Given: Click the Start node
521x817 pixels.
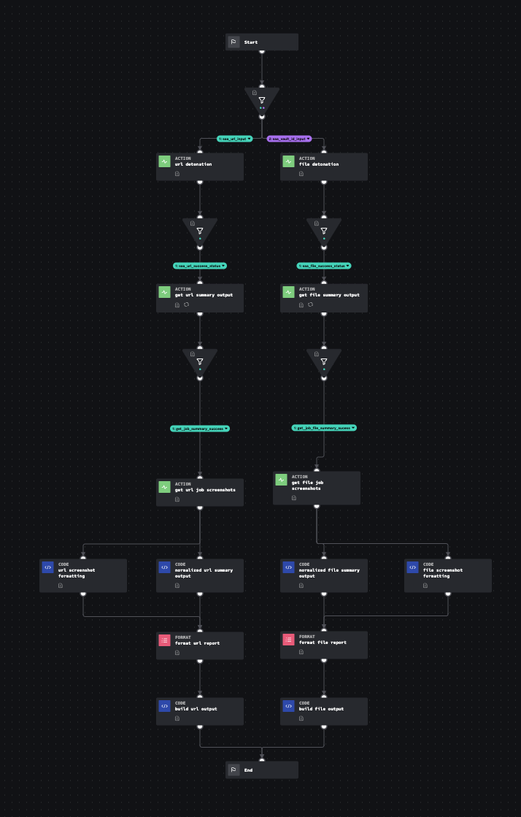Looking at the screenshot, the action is pyautogui.click(x=261, y=42).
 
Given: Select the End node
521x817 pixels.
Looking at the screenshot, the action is pyautogui.click(x=261, y=770).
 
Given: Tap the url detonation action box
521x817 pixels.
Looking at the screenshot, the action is pyautogui.click(x=199, y=167).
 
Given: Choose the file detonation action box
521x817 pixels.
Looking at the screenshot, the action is pyautogui.click(x=324, y=167).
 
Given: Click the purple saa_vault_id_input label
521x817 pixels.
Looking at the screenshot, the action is pyautogui.click(x=289, y=139).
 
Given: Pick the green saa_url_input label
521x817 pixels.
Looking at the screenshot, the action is pyautogui.click(x=235, y=139).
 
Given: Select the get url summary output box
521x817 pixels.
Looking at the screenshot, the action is pyautogui.click(x=199, y=298).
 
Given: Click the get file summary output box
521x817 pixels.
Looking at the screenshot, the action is pyautogui.click(x=324, y=298).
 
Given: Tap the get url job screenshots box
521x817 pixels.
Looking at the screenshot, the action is pyautogui.click(x=199, y=493).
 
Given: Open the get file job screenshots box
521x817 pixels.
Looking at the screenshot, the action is pyautogui.click(x=317, y=487).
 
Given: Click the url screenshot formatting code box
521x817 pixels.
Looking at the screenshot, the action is pyautogui.click(x=82, y=575).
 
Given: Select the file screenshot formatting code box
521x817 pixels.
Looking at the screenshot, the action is pyautogui.click(x=448, y=575).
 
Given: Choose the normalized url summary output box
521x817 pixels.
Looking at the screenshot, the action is pyautogui.click(x=199, y=575).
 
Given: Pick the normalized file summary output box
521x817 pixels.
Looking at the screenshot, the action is pyautogui.click(x=324, y=575).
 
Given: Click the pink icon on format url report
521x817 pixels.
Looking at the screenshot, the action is pyautogui.click(x=164, y=640).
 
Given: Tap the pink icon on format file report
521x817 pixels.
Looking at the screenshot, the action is pyautogui.click(x=288, y=640).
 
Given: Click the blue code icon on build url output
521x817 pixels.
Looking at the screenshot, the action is pyautogui.click(x=164, y=706).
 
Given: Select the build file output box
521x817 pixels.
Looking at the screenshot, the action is pyautogui.click(x=324, y=711).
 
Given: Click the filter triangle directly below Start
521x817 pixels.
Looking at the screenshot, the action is pyautogui.click(x=261, y=100).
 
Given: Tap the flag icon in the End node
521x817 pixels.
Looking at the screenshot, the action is pyautogui.click(x=234, y=770).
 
